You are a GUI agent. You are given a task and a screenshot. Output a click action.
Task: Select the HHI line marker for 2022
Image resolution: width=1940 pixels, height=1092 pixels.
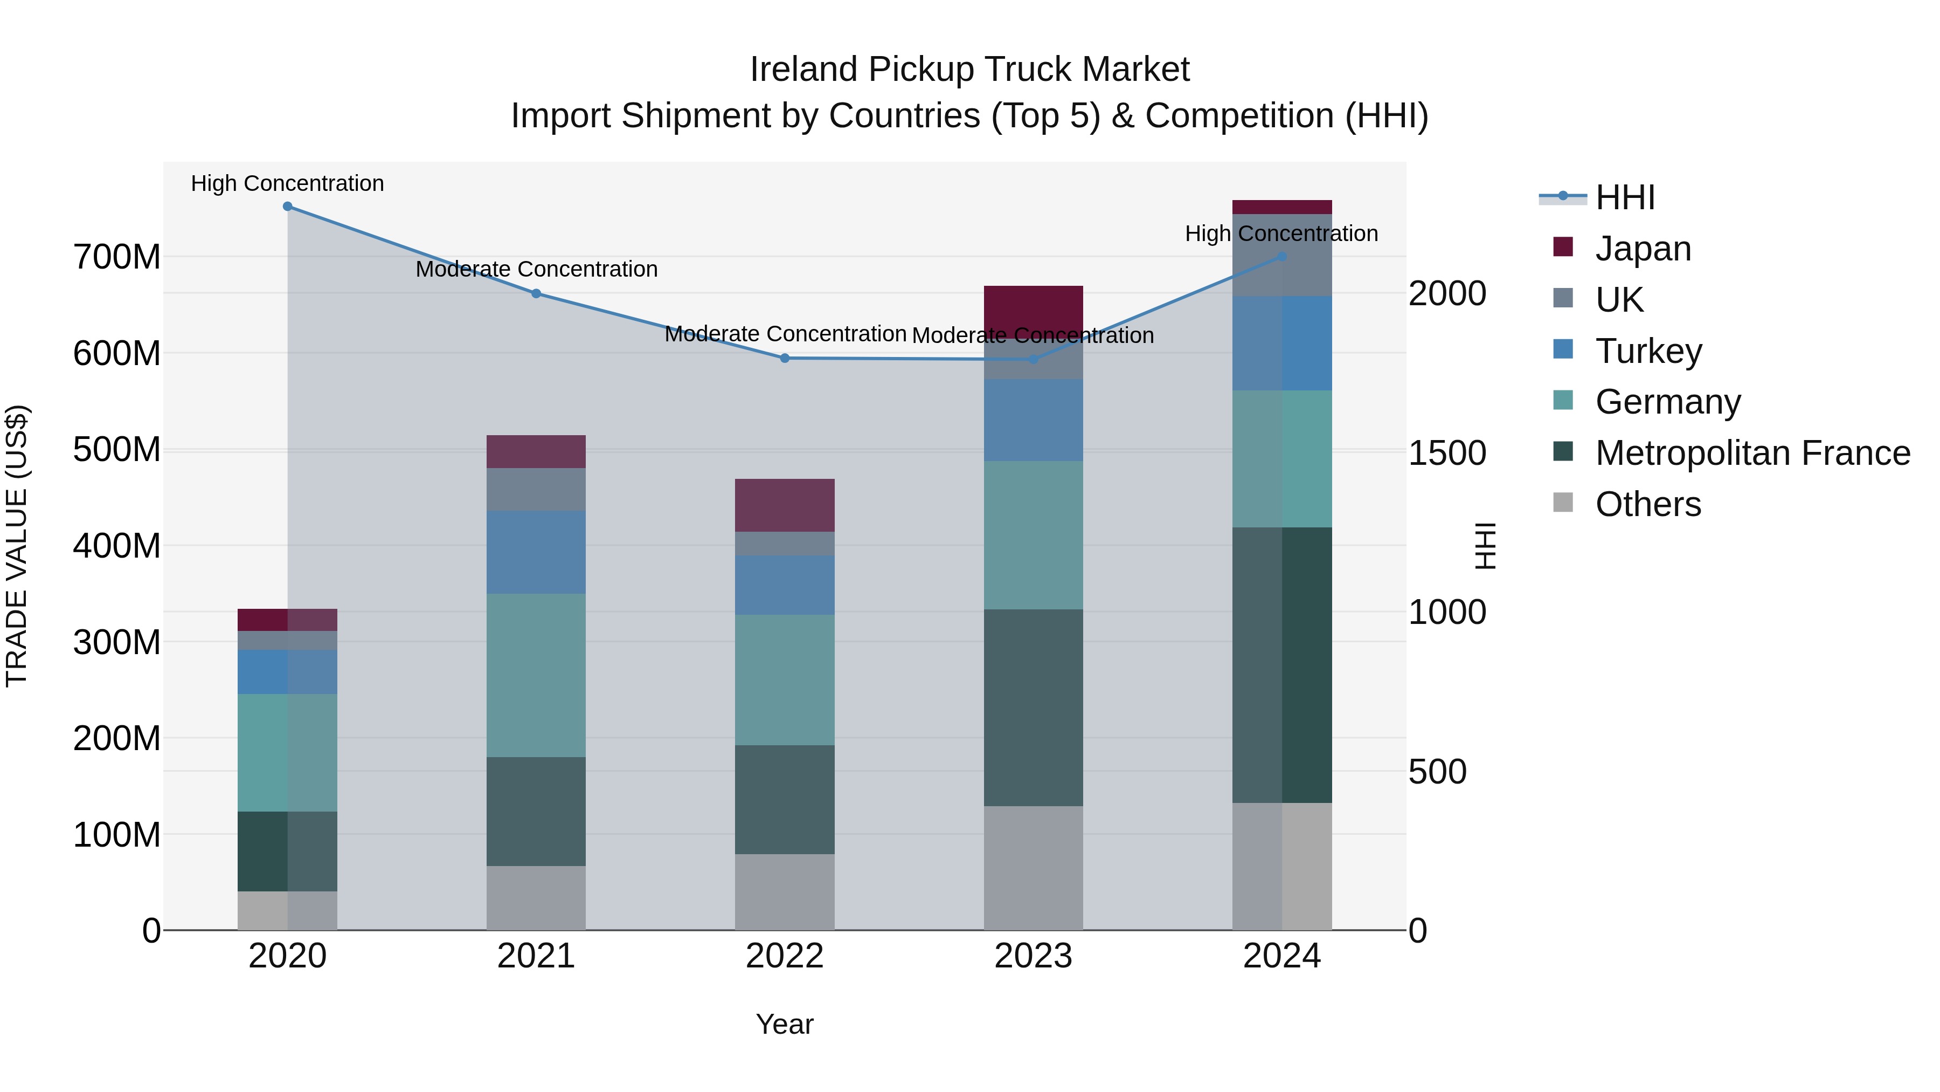click(785, 359)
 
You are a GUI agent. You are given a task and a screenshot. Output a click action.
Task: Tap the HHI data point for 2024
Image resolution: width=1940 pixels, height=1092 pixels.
click(1283, 257)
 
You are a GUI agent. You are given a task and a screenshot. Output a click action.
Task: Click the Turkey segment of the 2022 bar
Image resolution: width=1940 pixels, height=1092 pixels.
click(785, 586)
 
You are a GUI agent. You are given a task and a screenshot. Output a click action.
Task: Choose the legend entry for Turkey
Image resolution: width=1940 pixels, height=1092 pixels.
click(1648, 351)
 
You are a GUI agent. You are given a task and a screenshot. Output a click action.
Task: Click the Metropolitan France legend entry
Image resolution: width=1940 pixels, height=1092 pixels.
click(1752, 453)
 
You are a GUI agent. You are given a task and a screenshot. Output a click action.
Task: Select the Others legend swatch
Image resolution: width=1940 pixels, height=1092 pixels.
click(1563, 503)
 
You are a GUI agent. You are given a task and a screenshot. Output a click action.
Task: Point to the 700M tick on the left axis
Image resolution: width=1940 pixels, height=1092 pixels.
click(117, 258)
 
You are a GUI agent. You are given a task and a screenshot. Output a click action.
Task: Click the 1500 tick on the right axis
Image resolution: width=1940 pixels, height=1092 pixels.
click(1447, 453)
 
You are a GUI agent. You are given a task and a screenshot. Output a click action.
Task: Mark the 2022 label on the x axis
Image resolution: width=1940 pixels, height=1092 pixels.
click(785, 956)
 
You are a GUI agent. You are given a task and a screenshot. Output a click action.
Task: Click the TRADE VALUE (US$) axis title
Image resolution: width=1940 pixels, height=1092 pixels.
click(17, 546)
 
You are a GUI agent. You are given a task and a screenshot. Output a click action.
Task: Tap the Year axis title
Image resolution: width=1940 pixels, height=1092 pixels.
click(785, 1025)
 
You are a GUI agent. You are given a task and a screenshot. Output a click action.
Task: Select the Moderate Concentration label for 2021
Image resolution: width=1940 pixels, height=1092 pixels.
click(536, 269)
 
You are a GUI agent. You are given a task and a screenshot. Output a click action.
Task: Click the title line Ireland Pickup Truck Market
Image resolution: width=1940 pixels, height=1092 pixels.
click(969, 70)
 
